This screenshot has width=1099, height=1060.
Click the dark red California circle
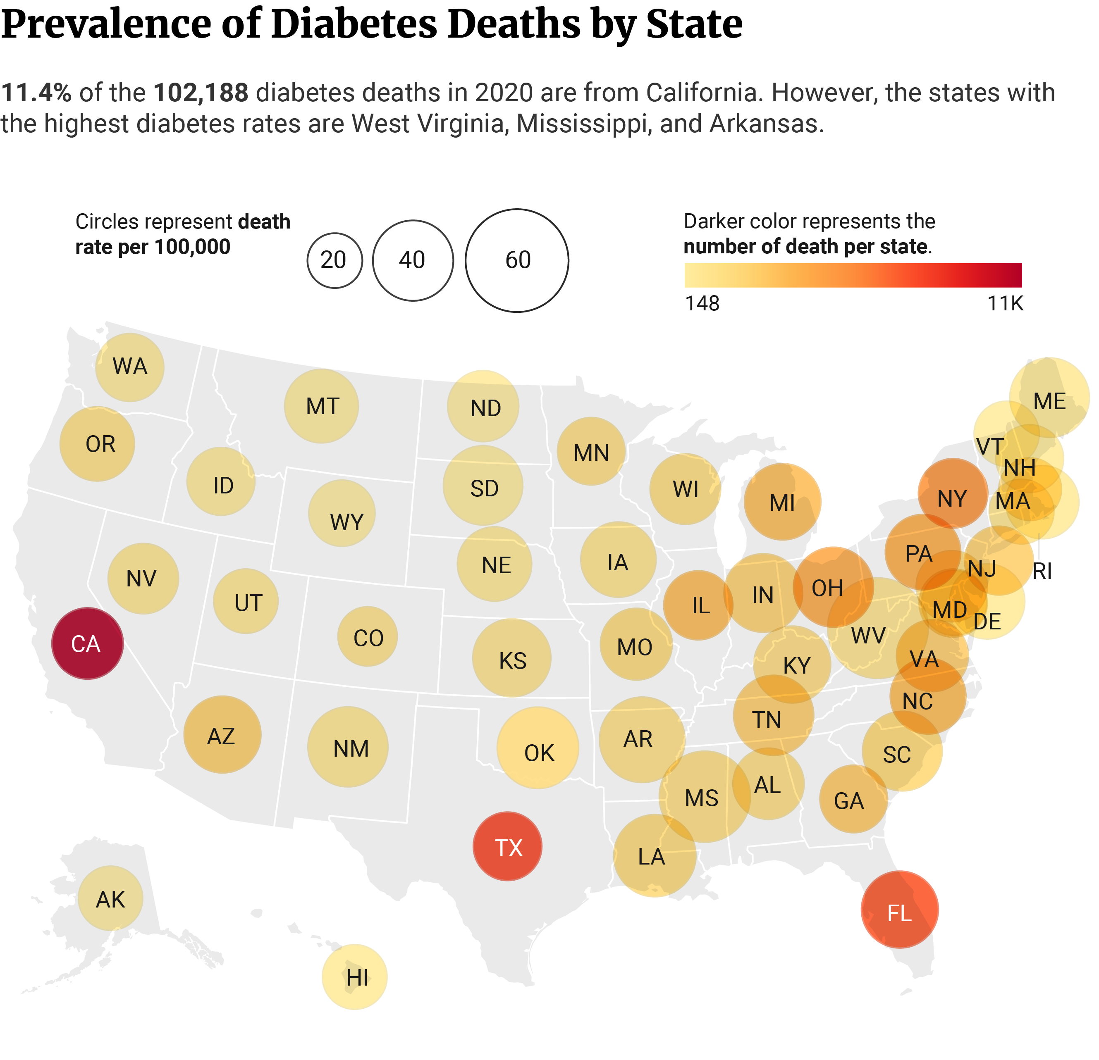click(87, 643)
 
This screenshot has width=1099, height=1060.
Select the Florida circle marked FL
click(899, 909)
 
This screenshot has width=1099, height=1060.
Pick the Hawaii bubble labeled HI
click(354, 977)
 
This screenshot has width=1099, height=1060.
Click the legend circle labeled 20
click(334, 260)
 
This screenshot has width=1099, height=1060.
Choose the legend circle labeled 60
click(517, 260)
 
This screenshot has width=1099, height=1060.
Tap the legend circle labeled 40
click(413, 260)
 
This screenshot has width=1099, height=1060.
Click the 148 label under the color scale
click(702, 303)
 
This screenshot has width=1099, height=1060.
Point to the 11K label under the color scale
click(1005, 303)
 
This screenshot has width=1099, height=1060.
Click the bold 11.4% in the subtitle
click(36, 93)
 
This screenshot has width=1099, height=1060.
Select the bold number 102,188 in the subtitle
click(201, 93)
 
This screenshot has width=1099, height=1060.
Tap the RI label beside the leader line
click(1042, 571)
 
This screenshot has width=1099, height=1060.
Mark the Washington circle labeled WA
click(129, 367)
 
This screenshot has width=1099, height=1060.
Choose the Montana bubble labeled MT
click(321, 406)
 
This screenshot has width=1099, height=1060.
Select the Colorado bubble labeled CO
click(367, 636)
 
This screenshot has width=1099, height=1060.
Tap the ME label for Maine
click(1049, 401)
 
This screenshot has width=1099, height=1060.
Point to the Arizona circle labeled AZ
click(222, 734)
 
